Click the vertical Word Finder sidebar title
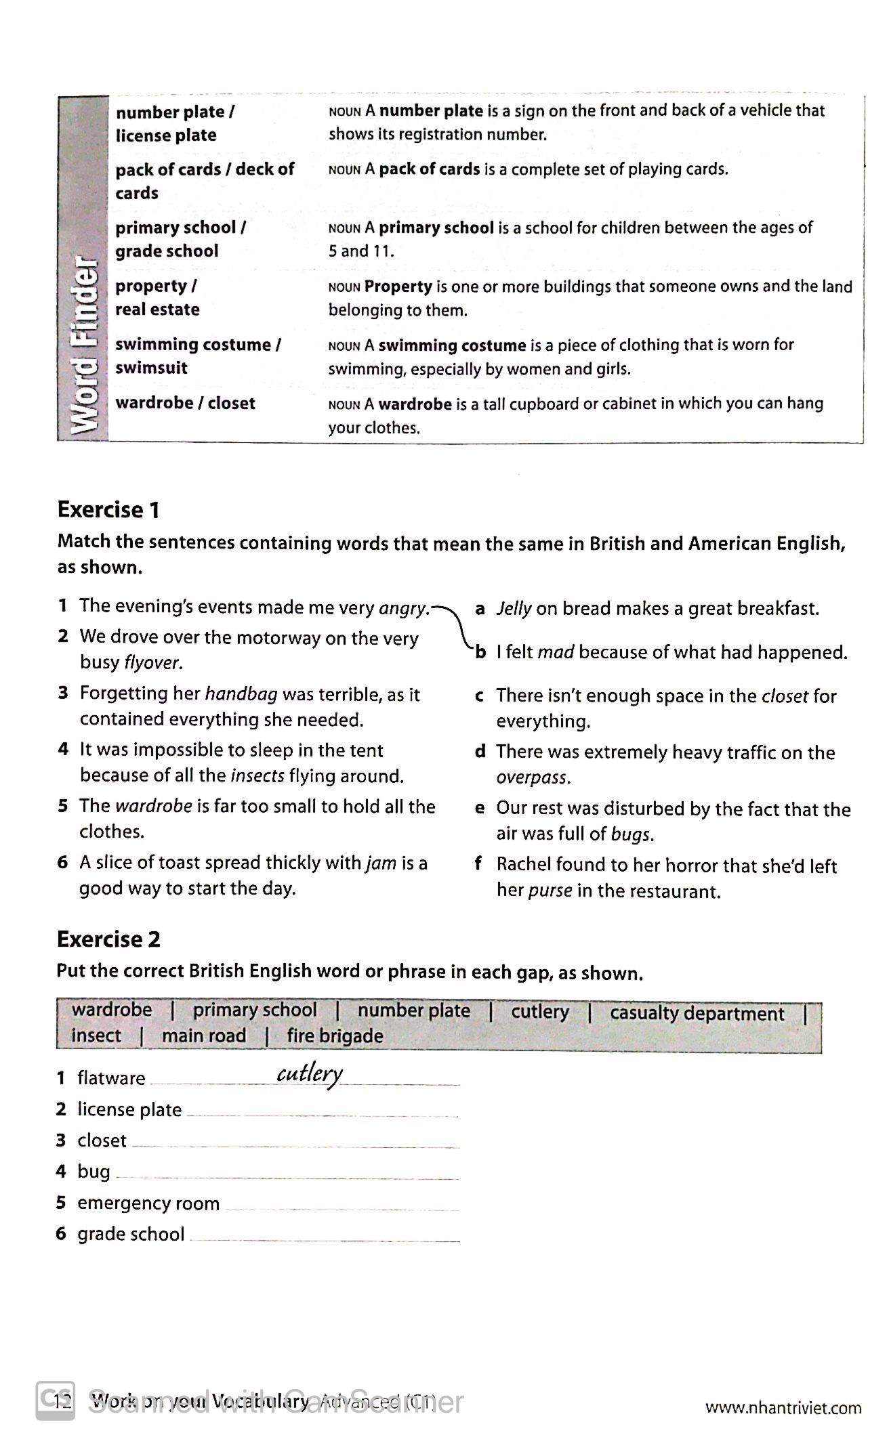pos(84,345)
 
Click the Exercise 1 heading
pos(108,509)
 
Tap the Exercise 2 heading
pos(108,939)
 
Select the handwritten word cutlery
pos(310,1074)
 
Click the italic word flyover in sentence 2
pos(152,662)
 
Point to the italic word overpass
pos(533,777)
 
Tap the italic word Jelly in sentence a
pos(514,609)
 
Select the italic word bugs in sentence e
pos(631,834)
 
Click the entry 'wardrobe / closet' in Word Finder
pos(185,403)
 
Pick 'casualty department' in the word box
pos(697,1014)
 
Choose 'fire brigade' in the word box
pos(335,1036)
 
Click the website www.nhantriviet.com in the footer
pos(783,1408)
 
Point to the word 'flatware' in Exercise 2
pos(111,1078)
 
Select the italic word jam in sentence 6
pos(381,863)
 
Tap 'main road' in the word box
pos(203,1036)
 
